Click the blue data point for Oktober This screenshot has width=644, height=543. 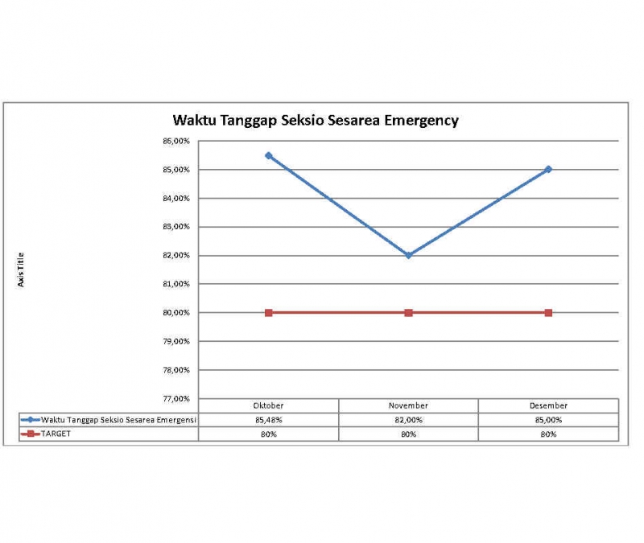coord(269,155)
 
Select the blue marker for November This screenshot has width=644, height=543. coord(409,255)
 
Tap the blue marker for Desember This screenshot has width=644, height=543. coord(548,169)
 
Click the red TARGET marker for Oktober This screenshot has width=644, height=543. coord(269,312)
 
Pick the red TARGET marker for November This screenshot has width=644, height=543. coord(409,312)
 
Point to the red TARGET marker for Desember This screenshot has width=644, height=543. coord(548,312)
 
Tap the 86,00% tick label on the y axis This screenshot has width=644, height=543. coord(176,141)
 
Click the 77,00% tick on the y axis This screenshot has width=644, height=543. coord(176,398)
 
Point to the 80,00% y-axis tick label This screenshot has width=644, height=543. coord(176,312)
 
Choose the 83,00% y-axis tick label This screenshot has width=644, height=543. coord(176,227)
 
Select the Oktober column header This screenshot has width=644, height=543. coord(269,405)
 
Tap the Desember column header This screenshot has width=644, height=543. coord(548,405)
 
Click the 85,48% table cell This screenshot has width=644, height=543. coord(269,420)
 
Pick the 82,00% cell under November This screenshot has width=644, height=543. coord(409,420)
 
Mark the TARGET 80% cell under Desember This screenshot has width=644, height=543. coord(548,434)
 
